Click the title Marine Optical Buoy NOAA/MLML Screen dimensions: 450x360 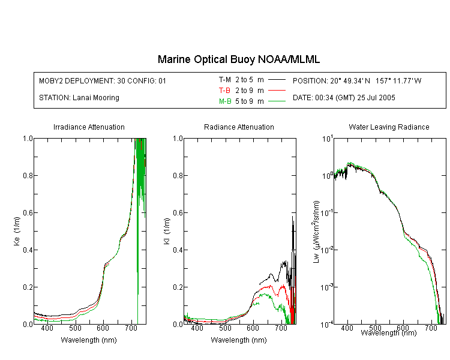click(238, 59)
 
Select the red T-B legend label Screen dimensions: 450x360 click(224, 91)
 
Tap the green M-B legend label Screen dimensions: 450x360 click(225, 101)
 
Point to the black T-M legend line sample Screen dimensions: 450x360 click(277, 80)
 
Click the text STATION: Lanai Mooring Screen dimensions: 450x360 click(79, 98)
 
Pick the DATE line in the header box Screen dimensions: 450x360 click(344, 98)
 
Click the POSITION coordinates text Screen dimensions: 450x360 click(357, 80)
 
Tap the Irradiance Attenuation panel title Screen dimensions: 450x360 click(89, 127)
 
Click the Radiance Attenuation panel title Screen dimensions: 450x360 click(239, 127)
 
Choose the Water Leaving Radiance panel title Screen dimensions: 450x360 click(389, 127)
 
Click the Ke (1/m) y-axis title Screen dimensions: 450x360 click(17, 232)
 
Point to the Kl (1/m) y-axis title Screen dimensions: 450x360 click(167, 232)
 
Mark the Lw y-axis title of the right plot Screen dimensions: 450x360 click(316, 232)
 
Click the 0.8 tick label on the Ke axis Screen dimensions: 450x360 click(28, 175)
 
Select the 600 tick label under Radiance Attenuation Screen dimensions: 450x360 click(253, 328)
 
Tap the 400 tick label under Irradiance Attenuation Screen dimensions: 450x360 click(47, 328)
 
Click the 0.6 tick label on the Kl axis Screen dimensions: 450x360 click(178, 213)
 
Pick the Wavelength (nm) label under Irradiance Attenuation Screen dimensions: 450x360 click(89, 340)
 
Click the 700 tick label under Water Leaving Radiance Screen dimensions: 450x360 click(431, 328)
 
